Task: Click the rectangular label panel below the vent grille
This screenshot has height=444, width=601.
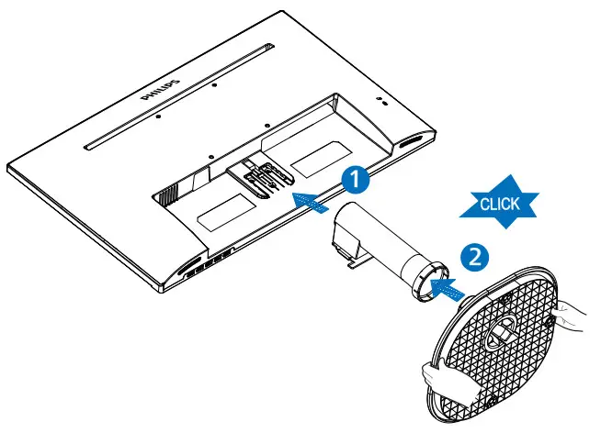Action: [221, 216]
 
